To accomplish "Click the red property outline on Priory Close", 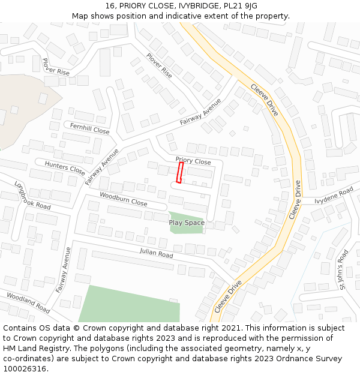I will pos(179,173).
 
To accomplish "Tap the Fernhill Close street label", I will pos(89,130).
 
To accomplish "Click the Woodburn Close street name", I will pos(123,200).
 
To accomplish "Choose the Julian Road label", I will pos(156,254).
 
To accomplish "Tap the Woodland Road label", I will pos(28,302).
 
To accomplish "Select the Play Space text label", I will pos(187,223).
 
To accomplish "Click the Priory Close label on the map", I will pos(193,161).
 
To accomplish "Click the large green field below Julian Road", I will pos(129,304).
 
